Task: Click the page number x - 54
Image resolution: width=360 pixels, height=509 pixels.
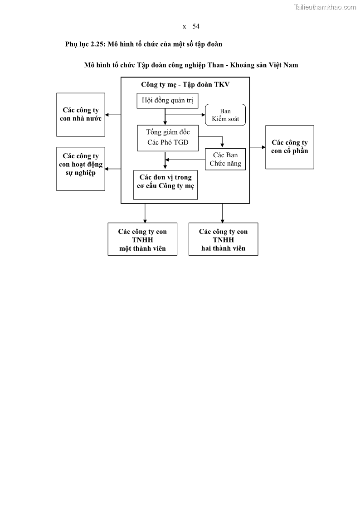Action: (191, 26)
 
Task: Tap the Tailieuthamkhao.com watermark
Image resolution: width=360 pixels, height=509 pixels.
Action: (325, 7)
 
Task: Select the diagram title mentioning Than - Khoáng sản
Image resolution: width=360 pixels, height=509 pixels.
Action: (191, 65)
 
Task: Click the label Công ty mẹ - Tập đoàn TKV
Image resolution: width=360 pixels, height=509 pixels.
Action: (185, 84)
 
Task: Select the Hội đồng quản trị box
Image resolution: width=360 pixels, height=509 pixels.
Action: (167, 101)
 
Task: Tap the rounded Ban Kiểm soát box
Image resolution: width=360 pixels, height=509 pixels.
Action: (225, 115)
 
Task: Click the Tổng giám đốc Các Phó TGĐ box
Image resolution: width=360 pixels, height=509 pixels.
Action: (167, 138)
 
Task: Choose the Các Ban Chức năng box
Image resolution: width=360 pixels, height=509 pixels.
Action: (225, 159)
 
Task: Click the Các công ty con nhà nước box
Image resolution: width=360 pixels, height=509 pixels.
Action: (81, 115)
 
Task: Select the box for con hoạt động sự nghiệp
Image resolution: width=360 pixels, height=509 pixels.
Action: (81, 169)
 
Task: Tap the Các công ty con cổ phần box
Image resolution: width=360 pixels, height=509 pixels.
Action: (289, 147)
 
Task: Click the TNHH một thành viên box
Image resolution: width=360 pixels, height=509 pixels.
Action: (142, 239)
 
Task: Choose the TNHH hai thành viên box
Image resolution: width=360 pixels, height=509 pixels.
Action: (223, 239)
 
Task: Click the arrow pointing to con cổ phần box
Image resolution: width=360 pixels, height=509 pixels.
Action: (258, 147)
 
